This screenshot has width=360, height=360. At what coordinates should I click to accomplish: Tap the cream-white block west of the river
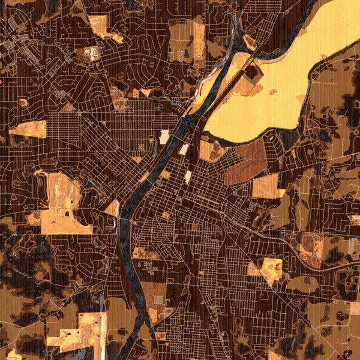(x=164, y=137)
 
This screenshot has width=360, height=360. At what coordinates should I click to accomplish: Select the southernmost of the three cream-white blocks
(x=188, y=176)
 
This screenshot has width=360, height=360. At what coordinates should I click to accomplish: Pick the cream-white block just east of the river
(x=185, y=149)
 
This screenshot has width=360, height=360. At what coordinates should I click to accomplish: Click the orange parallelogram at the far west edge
(x=28, y=128)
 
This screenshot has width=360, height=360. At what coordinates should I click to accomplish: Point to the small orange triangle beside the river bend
(x=112, y=208)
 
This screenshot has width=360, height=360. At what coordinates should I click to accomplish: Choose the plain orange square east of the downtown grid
(x=265, y=187)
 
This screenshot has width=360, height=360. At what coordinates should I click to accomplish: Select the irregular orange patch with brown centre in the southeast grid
(x=269, y=270)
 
